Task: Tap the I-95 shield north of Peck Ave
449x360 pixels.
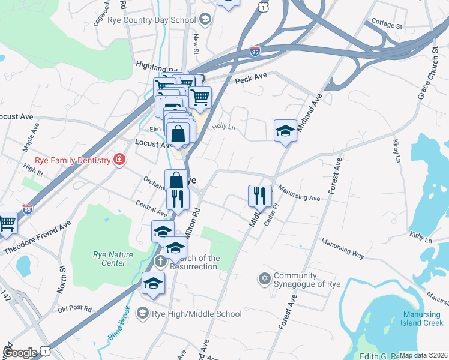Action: (x=255, y=51)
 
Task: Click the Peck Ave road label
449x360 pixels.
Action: (x=250, y=79)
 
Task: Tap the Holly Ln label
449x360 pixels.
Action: (x=223, y=127)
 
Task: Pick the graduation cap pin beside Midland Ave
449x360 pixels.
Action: (x=285, y=131)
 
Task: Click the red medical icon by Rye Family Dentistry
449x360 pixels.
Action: (x=119, y=160)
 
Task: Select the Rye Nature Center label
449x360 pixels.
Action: (x=113, y=259)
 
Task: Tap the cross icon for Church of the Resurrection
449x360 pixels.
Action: (x=160, y=261)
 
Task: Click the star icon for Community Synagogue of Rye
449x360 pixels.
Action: (x=264, y=279)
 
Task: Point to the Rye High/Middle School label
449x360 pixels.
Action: (x=197, y=314)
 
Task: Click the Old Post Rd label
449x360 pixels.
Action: (x=74, y=309)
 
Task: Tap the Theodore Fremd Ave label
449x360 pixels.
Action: (x=37, y=237)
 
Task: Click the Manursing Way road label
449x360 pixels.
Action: (x=342, y=250)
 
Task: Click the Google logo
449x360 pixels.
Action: (x=20, y=353)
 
